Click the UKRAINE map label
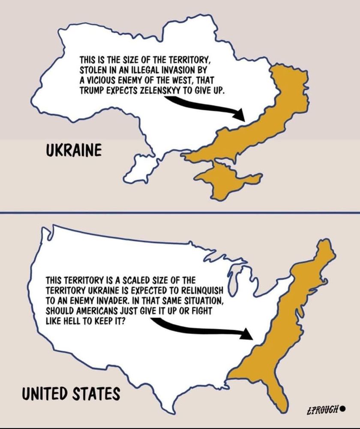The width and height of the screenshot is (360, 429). coord(73,151)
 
